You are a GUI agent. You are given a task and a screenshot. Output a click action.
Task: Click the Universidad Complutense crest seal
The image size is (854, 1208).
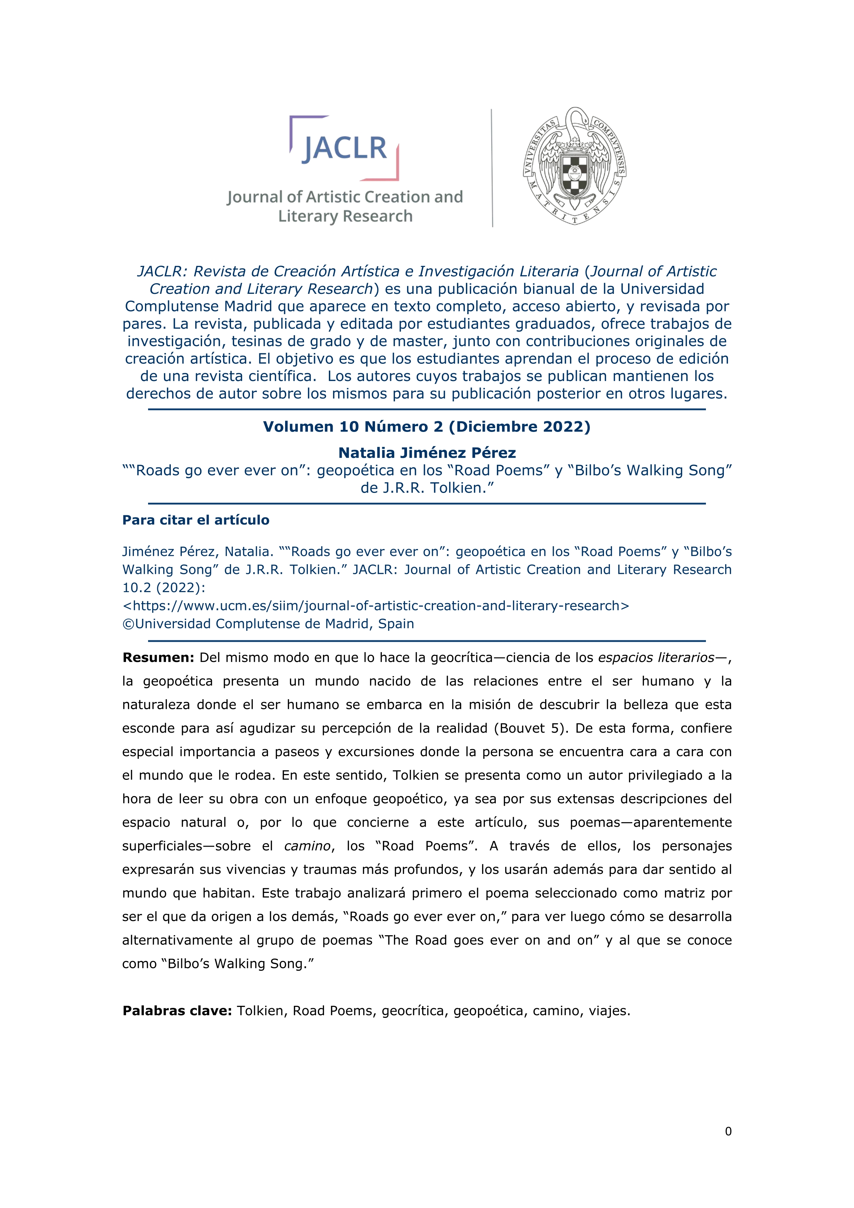574,166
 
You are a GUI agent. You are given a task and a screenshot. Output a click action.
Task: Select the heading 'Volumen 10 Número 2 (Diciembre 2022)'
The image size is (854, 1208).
426,427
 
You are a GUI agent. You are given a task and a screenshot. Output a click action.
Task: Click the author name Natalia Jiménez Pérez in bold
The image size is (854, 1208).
426,453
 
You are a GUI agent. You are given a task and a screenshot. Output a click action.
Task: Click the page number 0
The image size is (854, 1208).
728,1131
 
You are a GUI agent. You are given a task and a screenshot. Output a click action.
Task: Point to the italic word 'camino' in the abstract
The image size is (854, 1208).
307,846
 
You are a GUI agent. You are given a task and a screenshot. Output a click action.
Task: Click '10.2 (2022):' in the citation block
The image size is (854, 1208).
164,587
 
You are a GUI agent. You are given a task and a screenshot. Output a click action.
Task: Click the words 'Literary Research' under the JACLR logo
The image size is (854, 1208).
345,216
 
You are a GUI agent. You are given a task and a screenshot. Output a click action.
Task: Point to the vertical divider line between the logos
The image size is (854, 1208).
492,168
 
